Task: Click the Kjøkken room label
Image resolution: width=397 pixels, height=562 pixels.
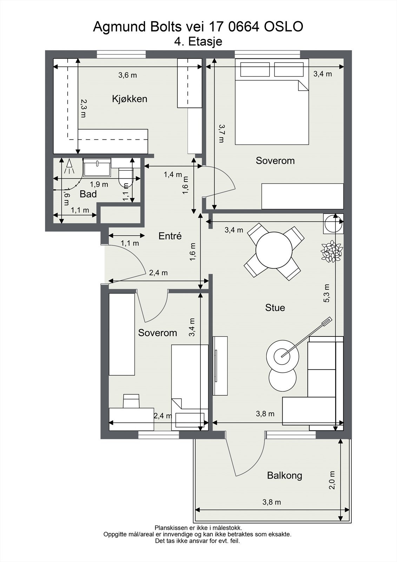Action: [130, 99]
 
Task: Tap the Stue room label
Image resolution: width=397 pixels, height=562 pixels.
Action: [275, 308]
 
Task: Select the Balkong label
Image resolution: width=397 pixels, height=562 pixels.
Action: [284, 476]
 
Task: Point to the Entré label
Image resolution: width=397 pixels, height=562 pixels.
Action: [170, 236]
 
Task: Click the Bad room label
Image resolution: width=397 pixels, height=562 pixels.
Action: [88, 194]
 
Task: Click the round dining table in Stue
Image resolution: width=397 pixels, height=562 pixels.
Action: [274, 250]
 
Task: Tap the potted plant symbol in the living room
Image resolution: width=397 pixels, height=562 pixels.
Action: [332, 251]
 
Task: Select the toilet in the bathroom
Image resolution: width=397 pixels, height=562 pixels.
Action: [126, 177]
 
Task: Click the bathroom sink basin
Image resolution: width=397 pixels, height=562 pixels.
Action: [97, 167]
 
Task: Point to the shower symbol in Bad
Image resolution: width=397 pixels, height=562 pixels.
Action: [69, 166]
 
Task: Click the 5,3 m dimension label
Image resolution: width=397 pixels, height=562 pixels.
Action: [326, 293]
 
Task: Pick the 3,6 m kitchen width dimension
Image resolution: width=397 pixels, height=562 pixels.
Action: [128, 75]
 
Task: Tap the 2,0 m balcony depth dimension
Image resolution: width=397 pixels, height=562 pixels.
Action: [332, 480]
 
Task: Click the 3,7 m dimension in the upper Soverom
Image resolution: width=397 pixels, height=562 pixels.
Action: [221, 133]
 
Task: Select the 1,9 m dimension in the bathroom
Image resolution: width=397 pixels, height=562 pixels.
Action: [99, 184]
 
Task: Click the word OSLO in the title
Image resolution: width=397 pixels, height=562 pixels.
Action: [284, 27]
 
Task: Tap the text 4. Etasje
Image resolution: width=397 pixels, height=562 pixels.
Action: [198, 41]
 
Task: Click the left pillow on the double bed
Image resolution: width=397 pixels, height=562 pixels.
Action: [255, 69]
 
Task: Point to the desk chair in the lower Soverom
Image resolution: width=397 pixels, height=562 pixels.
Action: [131, 401]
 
